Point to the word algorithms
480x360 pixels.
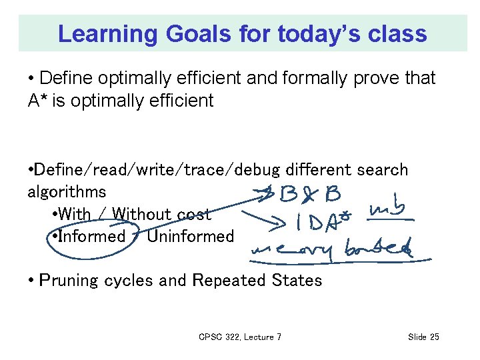pyautogui.click(x=66, y=192)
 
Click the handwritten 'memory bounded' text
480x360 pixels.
pyautogui.click(x=330, y=250)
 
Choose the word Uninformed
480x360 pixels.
pyautogui.click(x=191, y=236)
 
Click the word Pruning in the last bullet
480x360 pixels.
pyautogui.click(x=69, y=281)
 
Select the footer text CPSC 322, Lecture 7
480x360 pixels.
pyautogui.click(x=240, y=337)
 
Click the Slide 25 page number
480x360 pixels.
pyautogui.click(x=423, y=337)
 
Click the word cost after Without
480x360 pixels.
pyautogui.click(x=193, y=214)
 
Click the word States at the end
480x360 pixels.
pyautogui.click(x=298, y=281)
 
